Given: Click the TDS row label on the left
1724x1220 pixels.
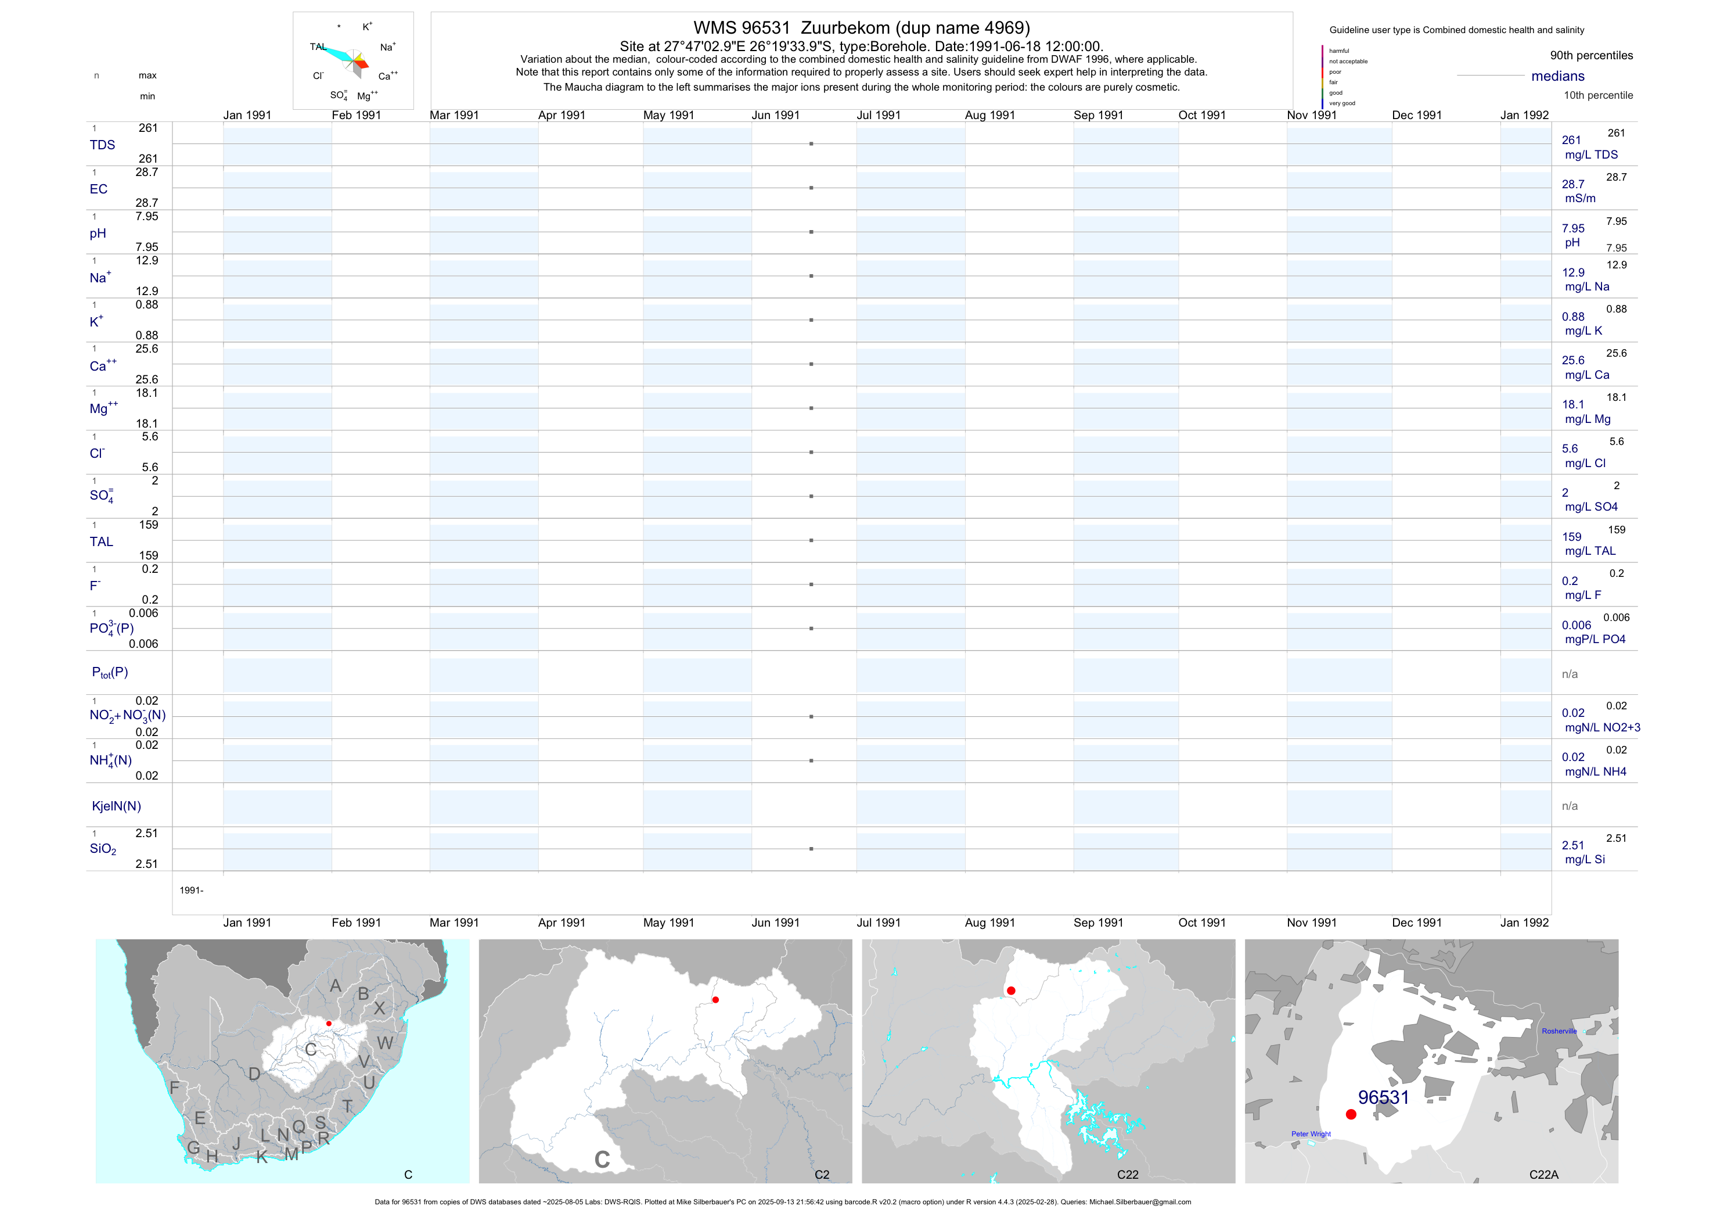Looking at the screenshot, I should click(102, 145).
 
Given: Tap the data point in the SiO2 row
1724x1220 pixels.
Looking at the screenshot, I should click(811, 849).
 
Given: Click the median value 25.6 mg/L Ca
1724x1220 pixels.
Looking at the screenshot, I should click(1573, 361).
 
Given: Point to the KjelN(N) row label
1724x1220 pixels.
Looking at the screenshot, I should click(116, 806).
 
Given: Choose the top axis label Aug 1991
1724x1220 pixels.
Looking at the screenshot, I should click(989, 115).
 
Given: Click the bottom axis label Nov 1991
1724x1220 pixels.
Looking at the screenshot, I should click(1312, 923).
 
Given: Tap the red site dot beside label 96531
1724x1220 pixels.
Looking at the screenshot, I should click(1351, 1114).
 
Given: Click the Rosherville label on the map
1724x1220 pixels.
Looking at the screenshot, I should click(1559, 1031).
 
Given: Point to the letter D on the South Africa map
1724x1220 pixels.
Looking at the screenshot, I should click(254, 1074).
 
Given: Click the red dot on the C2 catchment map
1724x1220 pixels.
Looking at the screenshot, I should click(715, 1000).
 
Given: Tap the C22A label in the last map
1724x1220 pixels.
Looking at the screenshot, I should click(1544, 1174).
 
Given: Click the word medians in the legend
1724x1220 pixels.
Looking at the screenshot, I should click(1558, 76).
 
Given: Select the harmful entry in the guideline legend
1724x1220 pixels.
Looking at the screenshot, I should click(1339, 51).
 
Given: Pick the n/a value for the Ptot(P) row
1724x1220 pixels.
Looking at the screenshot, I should click(1570, 674).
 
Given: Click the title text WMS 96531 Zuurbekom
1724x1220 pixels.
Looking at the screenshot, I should click(861, 28).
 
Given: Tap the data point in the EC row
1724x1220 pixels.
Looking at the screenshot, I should click(811, 188).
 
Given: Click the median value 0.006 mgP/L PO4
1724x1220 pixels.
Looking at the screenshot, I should click(1576, 625).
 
